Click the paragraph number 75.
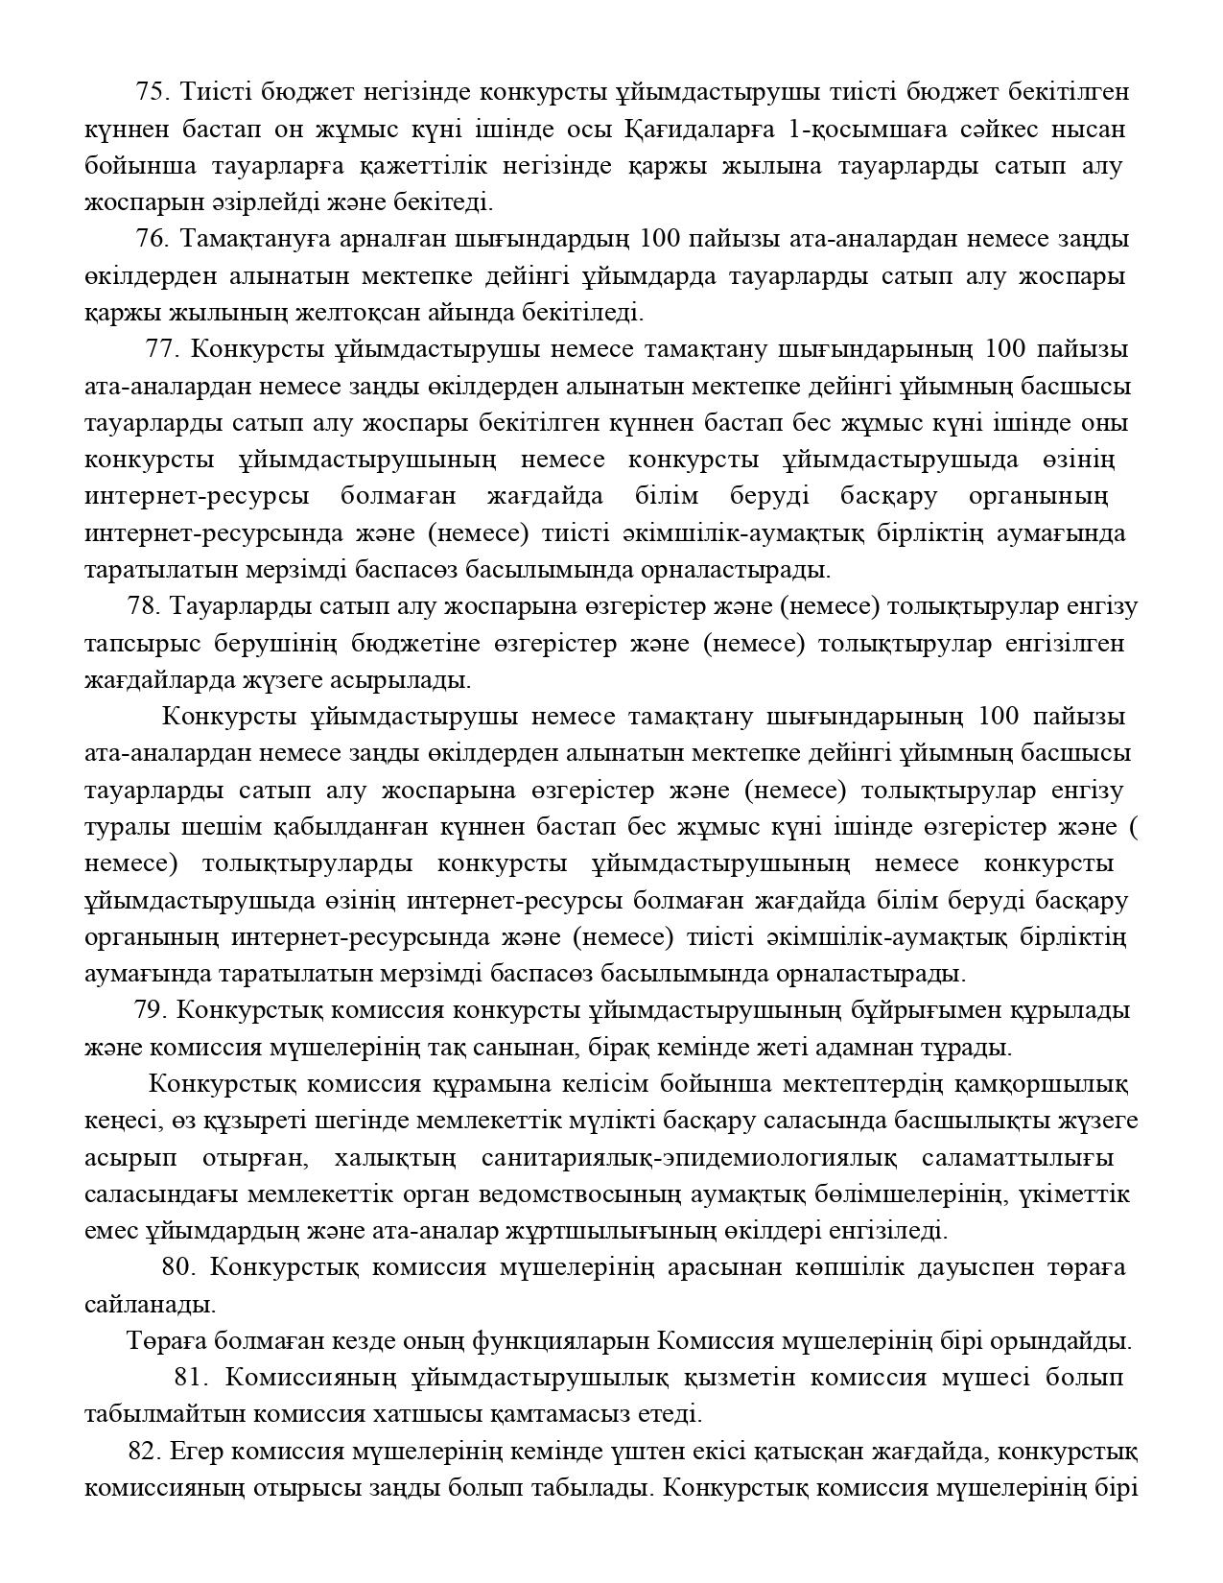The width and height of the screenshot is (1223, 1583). (x=152, y=92)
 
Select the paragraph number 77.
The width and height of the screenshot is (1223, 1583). (x=163, y=348)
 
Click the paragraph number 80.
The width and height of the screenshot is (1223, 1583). (x=178, y=1267)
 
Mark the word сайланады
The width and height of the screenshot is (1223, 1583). (x=150, y=1305)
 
